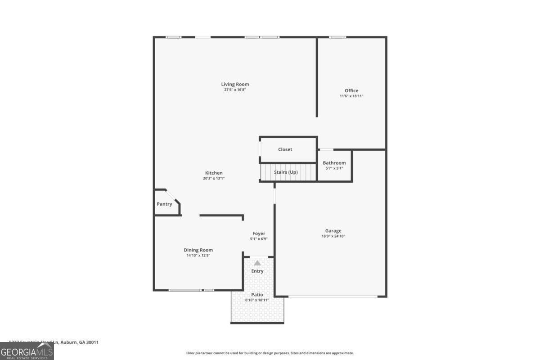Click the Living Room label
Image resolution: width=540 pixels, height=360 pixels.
235,84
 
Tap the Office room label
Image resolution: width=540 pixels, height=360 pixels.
351,90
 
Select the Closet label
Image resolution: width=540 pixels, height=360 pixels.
285,149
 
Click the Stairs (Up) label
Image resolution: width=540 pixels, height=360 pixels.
286,172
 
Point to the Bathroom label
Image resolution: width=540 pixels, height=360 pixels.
334,163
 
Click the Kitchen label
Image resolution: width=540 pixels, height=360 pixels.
214,173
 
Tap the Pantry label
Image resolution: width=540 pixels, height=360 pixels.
164,204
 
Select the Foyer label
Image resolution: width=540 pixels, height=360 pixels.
259,233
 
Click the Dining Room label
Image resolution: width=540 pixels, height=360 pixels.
198,250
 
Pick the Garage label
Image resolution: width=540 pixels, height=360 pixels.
333,231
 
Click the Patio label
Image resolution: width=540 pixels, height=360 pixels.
257,295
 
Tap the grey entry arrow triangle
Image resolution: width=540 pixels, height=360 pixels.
257,263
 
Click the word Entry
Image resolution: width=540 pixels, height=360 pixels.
257,271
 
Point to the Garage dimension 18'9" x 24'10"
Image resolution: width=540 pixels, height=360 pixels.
333,236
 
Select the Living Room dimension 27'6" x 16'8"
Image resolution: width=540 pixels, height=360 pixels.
235,90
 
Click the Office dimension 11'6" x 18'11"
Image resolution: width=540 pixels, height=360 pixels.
351,96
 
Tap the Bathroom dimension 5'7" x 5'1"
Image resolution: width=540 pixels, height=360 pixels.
334,168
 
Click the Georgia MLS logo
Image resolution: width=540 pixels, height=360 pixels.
27,351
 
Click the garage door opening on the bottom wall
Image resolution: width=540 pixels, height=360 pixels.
333,296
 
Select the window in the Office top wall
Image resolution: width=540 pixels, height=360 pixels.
337,37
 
